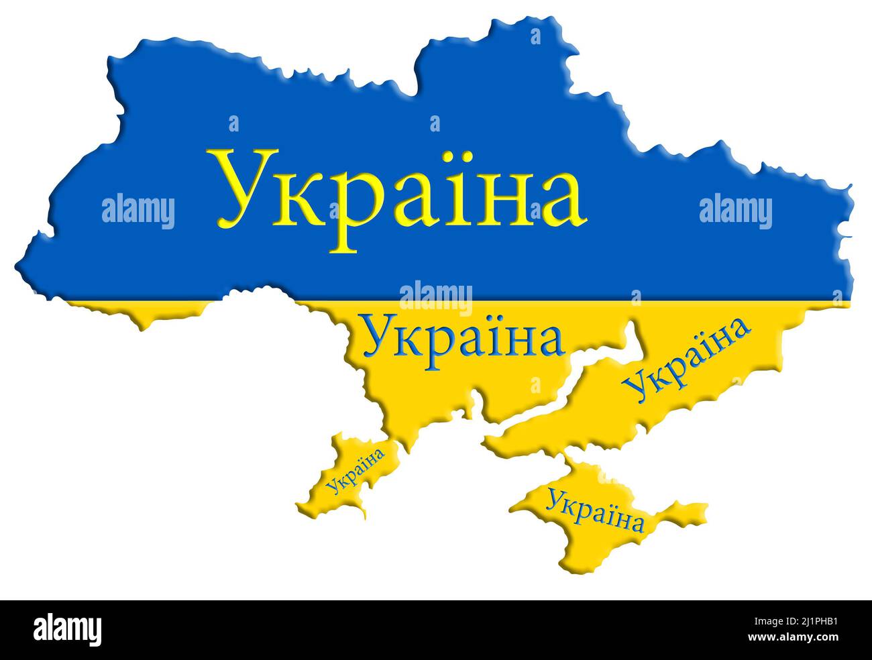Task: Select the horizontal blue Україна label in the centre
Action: point(462,339)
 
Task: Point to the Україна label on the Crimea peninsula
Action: point(594,510)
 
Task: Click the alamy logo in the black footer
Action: point(68,630)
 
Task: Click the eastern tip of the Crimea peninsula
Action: point(704,510)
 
